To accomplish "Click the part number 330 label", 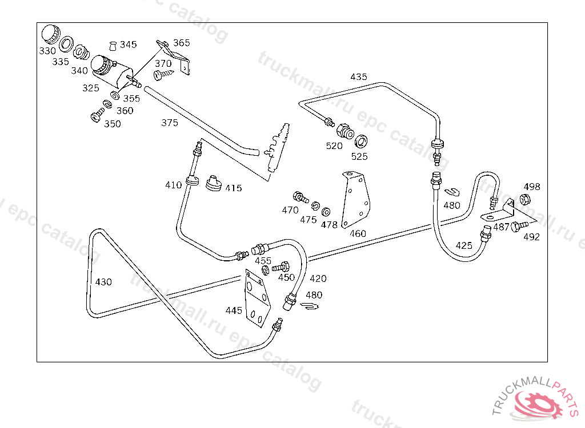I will pyautogui.click(x=47, y=51).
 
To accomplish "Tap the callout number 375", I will pyautogui.click(x=170, y=123).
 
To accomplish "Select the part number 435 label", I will pyautogui.click(x=359, y=77).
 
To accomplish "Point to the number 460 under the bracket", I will pyautogui.click(x=358, y=233).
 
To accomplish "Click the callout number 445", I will pyautogui.click(x=234, y=310).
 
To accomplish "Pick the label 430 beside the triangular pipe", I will pyautogui.click(x=103, y=282).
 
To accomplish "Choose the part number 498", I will pyautogui.click(x=532, y=187).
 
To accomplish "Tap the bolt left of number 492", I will pyautogui.click(x=518, y=226).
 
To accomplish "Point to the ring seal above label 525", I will pyautogui.click(x=361, y=141).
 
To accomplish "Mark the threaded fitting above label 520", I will pyautogui.click(x=344, y=131).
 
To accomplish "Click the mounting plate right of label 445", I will pyautogui.click(x=257, y=298).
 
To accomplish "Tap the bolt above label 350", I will pyautogui.click(x=96, y=116).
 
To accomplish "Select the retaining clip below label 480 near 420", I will pyautogui.click(x=309, y=308).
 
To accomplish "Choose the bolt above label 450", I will pyautogui.click(x=282, y=267).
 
